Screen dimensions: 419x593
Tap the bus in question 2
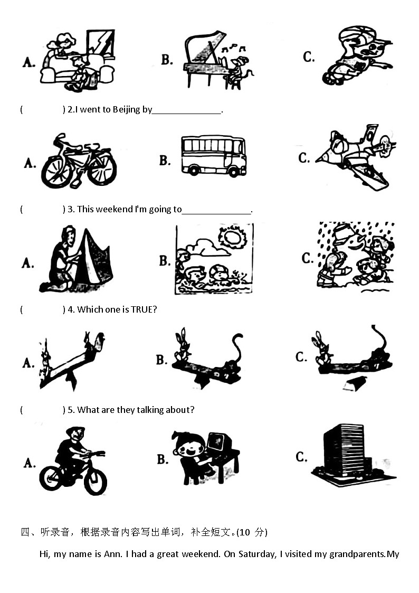[x=214, y=156]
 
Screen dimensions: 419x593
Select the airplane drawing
[x=356, y=157]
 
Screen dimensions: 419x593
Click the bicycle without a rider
[x=79, y=161]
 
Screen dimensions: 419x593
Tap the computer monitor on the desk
[x=220, y=443]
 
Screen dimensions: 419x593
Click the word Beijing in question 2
[x=126, y=110]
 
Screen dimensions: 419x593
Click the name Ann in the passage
[x=112, y=554]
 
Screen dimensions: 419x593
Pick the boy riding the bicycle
[x=73, y=460]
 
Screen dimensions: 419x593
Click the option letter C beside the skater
[x=308, y=57]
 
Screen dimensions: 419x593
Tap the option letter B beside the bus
[x=165, y=161]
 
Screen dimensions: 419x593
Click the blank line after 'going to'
[x=217, y=214]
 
